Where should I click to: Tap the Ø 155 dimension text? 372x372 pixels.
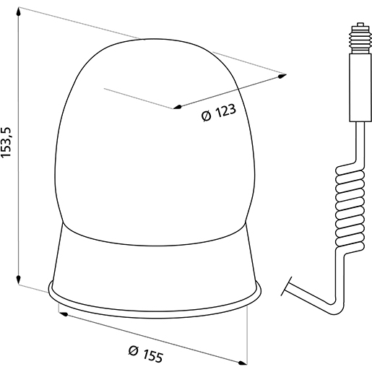tap(144, 354)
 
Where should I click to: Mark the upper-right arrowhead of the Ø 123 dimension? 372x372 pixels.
tap(278, 74)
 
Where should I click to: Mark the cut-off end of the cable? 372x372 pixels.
tap(288, 285)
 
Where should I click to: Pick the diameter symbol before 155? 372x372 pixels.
tap(132, 351)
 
